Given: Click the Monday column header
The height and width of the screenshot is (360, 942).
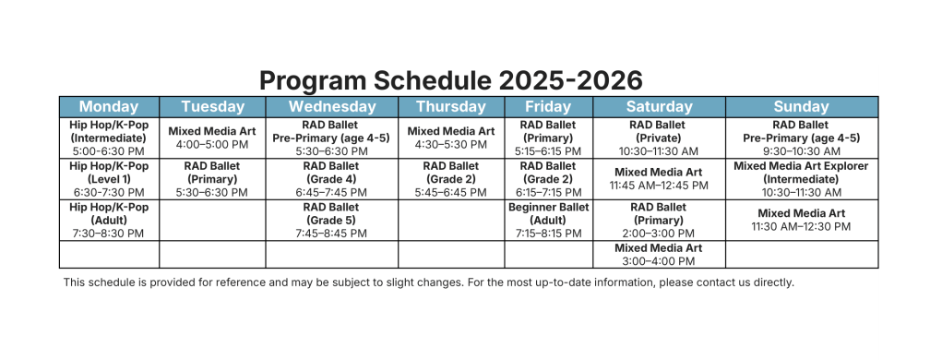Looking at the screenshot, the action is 109,107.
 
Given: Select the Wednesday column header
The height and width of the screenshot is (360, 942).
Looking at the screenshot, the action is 332,107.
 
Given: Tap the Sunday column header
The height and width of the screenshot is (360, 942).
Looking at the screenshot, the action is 801,107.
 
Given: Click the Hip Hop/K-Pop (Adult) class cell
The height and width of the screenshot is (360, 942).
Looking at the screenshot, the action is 109,220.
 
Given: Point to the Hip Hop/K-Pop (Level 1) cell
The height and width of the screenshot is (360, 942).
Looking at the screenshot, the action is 109,179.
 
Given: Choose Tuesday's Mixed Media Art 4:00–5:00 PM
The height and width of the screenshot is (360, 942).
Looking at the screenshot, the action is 212,138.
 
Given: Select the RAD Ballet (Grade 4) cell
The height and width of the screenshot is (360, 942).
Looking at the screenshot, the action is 331,179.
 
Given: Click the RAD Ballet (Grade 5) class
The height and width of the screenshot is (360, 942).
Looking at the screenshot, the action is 331,220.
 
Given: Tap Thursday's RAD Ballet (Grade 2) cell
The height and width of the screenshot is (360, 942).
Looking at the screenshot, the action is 450,179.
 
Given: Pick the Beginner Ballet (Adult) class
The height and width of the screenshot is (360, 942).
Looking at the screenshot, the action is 548,220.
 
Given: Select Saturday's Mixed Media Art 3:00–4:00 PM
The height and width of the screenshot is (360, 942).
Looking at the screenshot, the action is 659,254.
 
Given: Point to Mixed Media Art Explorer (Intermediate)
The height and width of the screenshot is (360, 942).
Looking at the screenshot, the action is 801,179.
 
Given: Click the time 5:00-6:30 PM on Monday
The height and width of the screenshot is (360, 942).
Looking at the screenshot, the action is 109,151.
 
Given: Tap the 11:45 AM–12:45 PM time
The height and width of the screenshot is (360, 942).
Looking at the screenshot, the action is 659,186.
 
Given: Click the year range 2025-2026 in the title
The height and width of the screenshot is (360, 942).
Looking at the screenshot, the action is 571,80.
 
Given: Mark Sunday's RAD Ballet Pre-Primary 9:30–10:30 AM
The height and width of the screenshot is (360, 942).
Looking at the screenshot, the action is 801,138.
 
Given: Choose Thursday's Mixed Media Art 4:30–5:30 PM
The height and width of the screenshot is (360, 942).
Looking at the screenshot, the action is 451,138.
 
